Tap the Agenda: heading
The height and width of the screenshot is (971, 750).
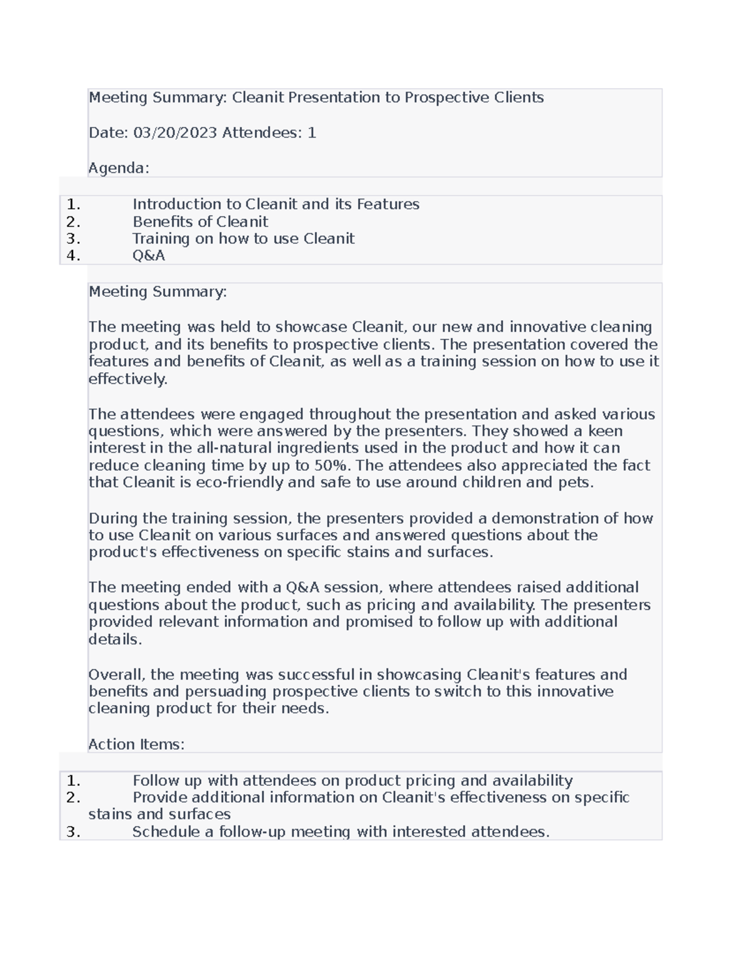click(119, 168)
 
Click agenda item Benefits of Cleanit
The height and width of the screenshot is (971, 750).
click(200, 221)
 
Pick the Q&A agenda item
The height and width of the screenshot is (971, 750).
click(149, 255)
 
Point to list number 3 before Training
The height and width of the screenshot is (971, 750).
click(72, 238)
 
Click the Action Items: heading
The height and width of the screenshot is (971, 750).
click(136, 744)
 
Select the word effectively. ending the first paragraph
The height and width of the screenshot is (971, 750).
click(128, 379)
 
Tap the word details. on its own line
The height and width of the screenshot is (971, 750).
click(115, 639)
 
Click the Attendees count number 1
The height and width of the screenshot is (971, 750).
click(312, 133)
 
